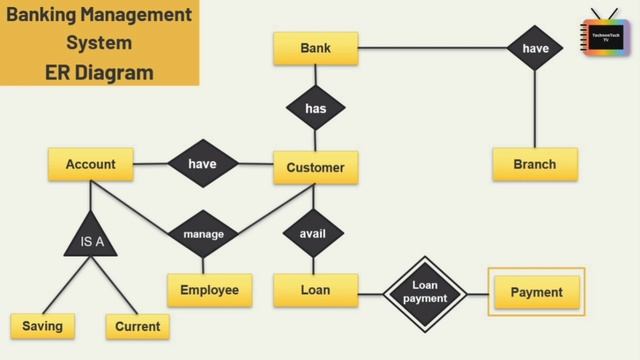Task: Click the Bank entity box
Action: pos(315,49)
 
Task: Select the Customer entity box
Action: pos(315,168)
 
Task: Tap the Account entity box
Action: pos(91,165)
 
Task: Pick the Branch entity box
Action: pos(534,165)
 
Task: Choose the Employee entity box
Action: pos(209,291)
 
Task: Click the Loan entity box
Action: pos(315,291)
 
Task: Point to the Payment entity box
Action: pos(536,293)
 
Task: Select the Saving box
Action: pos(42,327)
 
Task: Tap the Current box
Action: pos(137,327)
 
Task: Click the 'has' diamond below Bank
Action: pos(315,108)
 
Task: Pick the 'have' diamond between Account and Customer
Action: pos(202,164)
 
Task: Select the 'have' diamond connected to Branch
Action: pos(535,48)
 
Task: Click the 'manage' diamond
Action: pos(203,235)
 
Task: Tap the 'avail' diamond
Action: pos(313,235)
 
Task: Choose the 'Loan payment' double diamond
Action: pos(426,293)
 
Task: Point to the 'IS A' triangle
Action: pos(92,238)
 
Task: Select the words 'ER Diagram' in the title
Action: pos(99,72)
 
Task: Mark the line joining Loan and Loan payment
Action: pos(371,293)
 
